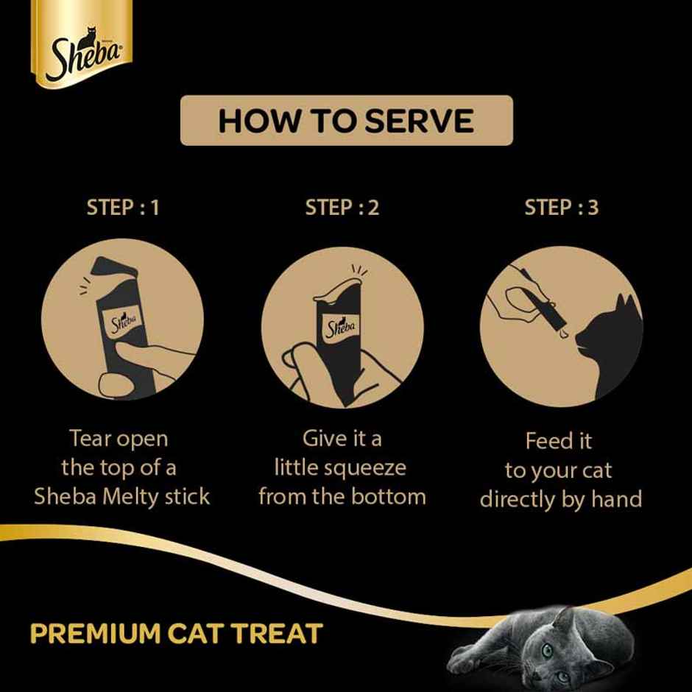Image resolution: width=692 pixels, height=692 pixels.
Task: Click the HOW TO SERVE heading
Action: coord(346,120)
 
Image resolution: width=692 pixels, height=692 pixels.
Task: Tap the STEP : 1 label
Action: coord(122,208)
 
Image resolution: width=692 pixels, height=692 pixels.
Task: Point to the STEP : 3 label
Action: coord(561,208)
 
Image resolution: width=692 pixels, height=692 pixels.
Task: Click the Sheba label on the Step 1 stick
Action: coord(124,322)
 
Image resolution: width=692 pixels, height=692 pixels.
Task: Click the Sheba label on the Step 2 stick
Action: coord(340,325)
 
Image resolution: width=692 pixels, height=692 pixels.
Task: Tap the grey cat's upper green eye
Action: coord(548,650)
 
